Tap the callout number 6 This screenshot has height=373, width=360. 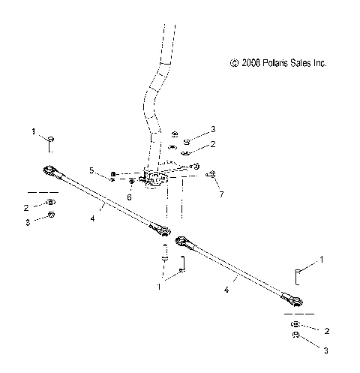pyautogui.click(x=129, y=197)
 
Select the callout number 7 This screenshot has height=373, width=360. pyautogui.click(x=221, y=194)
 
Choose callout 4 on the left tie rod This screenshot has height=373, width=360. pyautogui.click(x=92, y=218)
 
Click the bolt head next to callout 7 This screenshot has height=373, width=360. pyautogui.click(x=210, y=176)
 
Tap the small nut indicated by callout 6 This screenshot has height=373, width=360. pyautogui.click(x=132, y=182)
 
